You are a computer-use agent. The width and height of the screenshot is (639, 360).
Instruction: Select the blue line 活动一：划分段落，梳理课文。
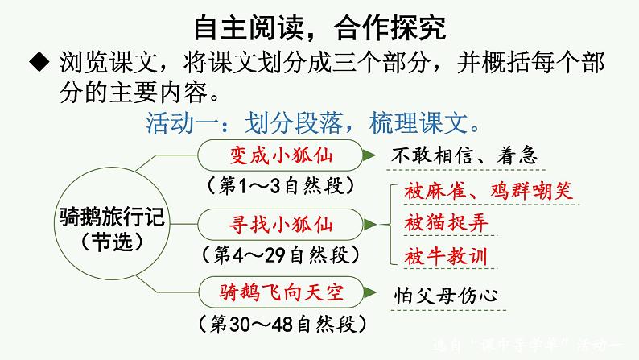coord(315,124)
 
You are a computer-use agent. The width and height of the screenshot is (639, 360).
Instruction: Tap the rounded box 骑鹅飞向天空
coord(281,293)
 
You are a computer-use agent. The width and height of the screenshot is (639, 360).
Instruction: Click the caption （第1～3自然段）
coord(281,184)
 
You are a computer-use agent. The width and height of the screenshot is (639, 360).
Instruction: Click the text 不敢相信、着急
coord(464,155)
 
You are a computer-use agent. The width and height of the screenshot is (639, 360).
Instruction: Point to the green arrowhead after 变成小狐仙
coord(366,154)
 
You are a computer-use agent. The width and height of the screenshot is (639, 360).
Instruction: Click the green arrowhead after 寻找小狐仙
coord(366,222)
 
